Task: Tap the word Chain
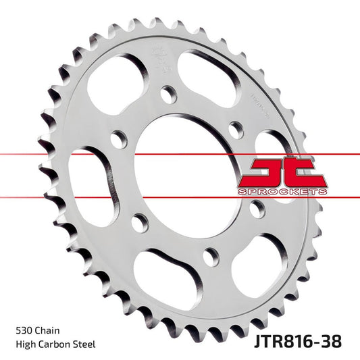(48, 331)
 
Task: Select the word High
(25, 344)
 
